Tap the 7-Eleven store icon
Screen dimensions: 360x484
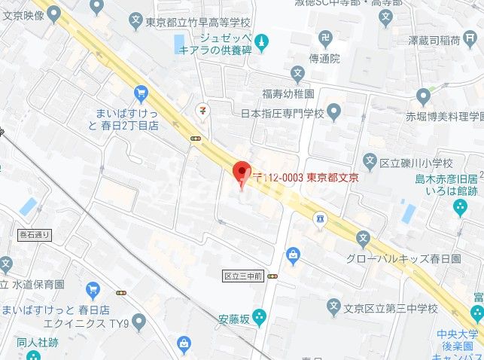click(x=202, y=109)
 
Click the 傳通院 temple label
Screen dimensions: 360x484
click(x=324, y=57)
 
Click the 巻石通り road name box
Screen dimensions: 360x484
click(x=33, y=235)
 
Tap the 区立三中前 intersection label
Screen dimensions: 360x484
click(x=242, y=276)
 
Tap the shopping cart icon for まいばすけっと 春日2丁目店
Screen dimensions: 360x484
click(x=141, y=93)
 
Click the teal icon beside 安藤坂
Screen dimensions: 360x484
click(x=260, y=316)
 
